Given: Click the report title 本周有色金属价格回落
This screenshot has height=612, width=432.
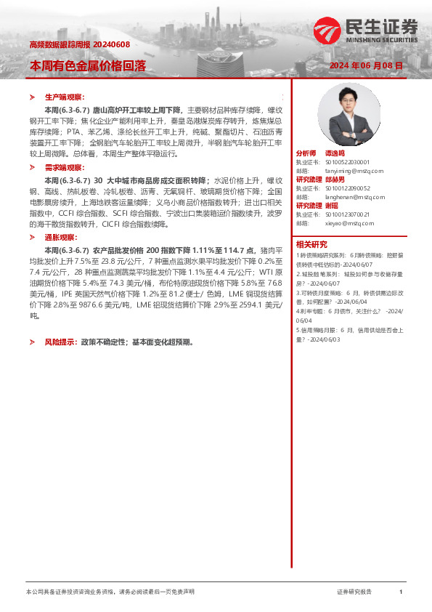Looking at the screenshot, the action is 88,65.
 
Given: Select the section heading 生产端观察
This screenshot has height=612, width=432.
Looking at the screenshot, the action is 65,96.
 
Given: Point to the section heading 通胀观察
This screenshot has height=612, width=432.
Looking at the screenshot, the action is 61,237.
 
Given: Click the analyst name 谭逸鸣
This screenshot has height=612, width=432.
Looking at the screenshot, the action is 336,154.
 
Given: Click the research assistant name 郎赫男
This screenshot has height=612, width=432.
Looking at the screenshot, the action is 336,179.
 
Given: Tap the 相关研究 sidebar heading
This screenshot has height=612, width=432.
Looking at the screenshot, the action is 311,244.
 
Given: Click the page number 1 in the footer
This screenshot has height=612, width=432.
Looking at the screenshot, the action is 401,592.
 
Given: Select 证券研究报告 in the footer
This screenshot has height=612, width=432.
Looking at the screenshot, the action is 354,592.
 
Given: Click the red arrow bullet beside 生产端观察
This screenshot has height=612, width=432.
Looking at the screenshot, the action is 31,97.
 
